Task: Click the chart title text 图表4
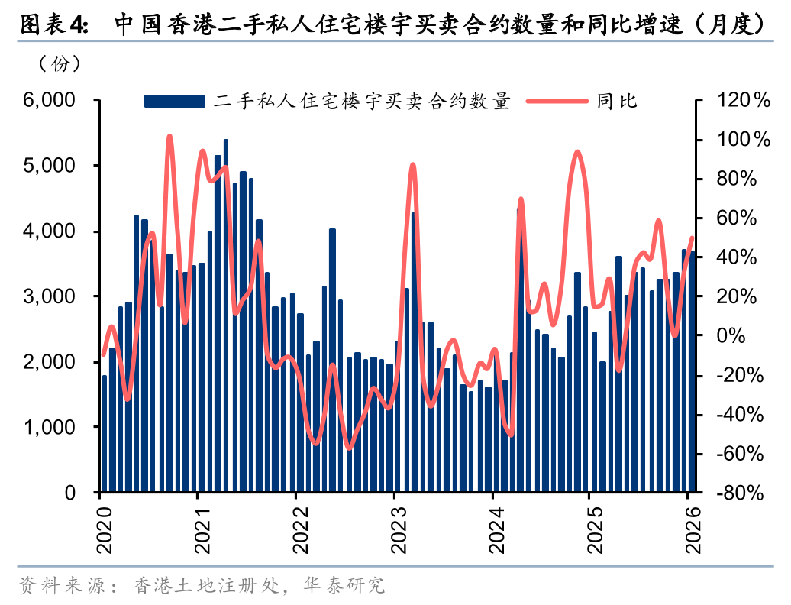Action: click(x=53, y=24)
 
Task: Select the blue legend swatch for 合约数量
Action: click(x=175, y=101)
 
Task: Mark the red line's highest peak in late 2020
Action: click(x=169, y=137)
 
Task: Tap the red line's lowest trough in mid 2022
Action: click(x=349, y=448)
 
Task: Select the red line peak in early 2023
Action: click(x=412, y=165)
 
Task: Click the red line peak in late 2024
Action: click(x=577, y=152)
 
